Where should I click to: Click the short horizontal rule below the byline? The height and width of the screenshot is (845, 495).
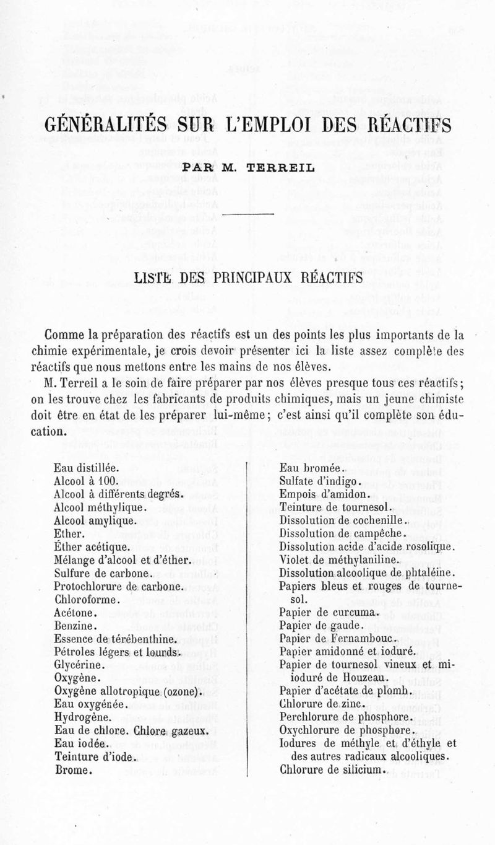point(247,214)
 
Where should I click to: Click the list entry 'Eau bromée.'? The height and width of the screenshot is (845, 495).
point(308,469)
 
